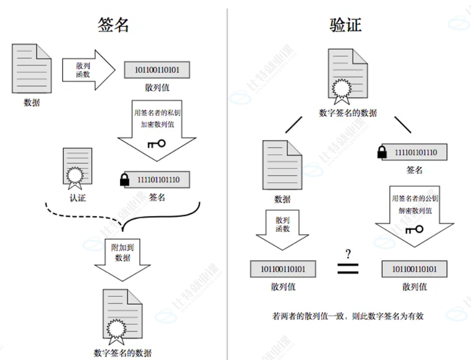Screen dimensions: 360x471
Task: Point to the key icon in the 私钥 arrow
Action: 156,144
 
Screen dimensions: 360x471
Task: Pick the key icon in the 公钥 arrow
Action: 414,229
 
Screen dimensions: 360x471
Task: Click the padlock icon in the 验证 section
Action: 381,153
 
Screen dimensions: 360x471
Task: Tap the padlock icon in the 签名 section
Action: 124,180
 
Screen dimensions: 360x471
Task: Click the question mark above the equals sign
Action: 348,253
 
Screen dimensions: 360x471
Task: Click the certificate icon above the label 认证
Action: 77,168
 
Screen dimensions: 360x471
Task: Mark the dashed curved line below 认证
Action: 80,215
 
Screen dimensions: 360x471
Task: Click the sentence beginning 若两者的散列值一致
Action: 348,316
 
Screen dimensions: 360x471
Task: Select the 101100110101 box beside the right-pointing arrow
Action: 157,70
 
